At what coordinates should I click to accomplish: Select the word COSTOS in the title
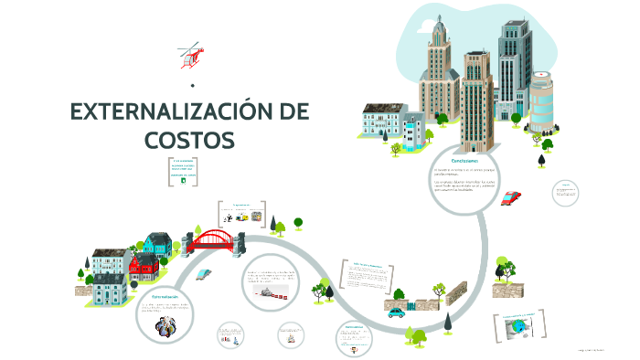coord(189,140)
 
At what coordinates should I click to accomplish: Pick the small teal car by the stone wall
coord(396,312)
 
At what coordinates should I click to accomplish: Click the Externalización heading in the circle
coord(157,297)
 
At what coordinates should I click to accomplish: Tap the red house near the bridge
coord(144,267)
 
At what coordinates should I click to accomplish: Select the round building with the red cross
coord(542,101)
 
